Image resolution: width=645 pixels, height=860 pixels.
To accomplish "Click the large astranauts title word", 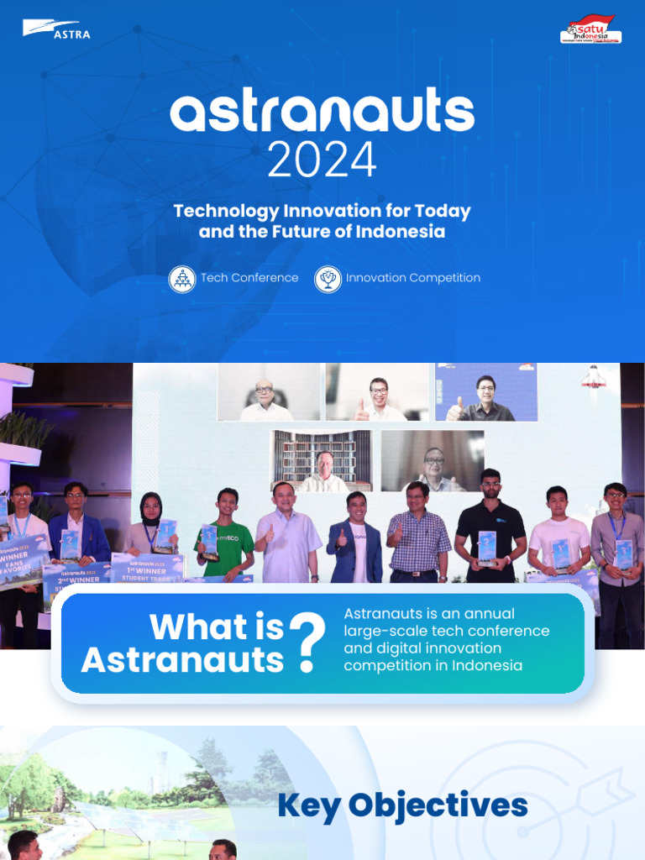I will coord(322,113).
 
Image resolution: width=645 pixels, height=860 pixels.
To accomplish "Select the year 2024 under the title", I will coord(322,160).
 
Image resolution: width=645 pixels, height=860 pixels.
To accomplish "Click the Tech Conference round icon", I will coord(181,279).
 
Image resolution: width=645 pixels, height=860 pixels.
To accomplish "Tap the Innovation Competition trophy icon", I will coord(328,279).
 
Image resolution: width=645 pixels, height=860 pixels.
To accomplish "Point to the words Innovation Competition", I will coord(413,278).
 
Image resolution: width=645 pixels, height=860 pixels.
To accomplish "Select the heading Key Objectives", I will coord(402,806).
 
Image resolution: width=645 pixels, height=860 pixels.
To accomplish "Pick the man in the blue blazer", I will coord(354,542).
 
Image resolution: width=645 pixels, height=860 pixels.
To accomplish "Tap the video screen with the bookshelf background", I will coord(321,461).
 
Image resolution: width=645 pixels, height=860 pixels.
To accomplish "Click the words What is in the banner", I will coord(204,627).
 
